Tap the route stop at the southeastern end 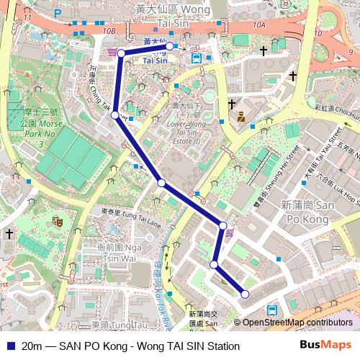point(245,294)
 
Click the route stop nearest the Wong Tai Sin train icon point(170,46)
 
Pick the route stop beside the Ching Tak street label point(115,114)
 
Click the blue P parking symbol point(58,12)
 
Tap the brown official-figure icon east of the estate point(241,114)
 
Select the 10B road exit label point(109,31)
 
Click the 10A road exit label point(260,25)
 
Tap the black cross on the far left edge point(9,234)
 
